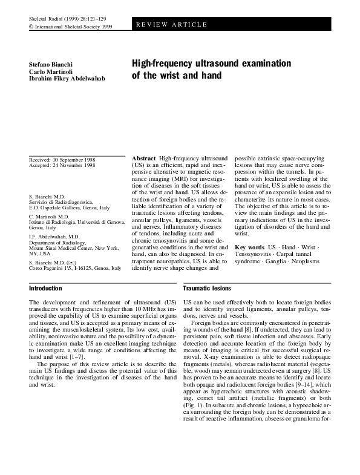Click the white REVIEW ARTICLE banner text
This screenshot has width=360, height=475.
pos(171,25)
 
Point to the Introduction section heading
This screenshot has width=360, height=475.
pos(45,289)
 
